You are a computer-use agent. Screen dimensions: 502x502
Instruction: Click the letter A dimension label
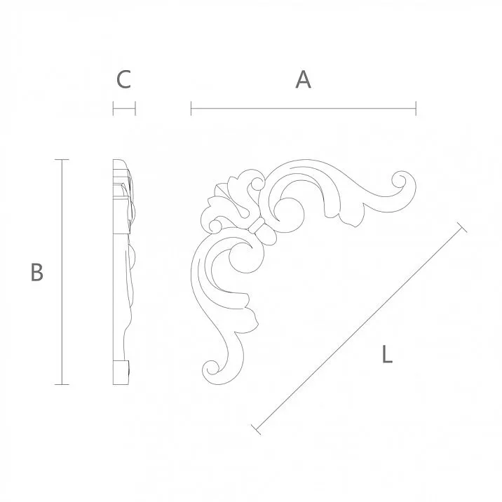point(303,80)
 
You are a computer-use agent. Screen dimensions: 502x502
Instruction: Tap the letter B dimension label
point(37,272)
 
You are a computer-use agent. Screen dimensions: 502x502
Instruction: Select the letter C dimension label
point(123,80)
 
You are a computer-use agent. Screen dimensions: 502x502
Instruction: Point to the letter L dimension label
point(386,355)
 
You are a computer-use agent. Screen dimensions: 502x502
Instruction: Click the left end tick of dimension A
point(191,109)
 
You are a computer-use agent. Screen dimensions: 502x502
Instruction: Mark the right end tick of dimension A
point(416,109)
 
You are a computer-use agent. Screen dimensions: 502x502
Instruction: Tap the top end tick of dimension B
point(62,160)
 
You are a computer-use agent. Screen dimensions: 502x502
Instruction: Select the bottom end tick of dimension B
point(62,384)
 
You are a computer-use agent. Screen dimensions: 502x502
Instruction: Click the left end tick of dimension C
point(113,109)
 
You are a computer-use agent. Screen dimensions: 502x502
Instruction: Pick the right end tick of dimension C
point(135,109)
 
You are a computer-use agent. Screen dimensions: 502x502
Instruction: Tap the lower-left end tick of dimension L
point(256,428)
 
